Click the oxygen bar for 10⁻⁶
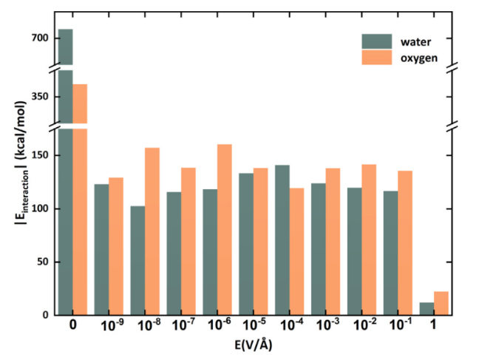pyautogui.click(x=224, y=229)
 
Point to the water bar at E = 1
pyautogui.click(x=427, y=308)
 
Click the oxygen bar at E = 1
pyautogui.click(x=441, y=303)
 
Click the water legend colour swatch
pyautogui.click(x=376, y=41)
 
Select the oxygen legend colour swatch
pyautogui.click(x=376, y=58)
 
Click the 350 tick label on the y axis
pyautogui.click(x=39, y=96)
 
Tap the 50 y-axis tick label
pyautogui.click(x=42, y=262)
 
